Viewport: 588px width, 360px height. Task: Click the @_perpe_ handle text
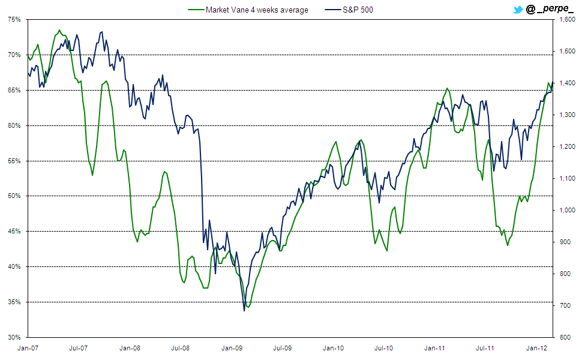pyautogui.click(x=549, y=10)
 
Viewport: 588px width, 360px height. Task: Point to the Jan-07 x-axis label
pyautogui.click(x=28, y=347)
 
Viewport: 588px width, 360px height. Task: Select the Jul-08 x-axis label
pyautogui.click(x=181, y=347)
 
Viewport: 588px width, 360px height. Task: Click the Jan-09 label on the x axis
pyautogui.click(x=232, y=347)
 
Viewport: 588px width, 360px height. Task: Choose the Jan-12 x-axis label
pyautogui.click(x=536, y=347)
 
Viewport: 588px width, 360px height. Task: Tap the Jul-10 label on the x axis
pyautogui.click(x=384, y=347)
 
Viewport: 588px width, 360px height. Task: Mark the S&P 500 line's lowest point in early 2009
pyautogui.click(x=244, y=310)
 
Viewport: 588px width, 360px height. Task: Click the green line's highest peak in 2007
pyautogui.click(x=59, y=30)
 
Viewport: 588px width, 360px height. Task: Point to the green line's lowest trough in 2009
pyautogui.click(x=248, y=307)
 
